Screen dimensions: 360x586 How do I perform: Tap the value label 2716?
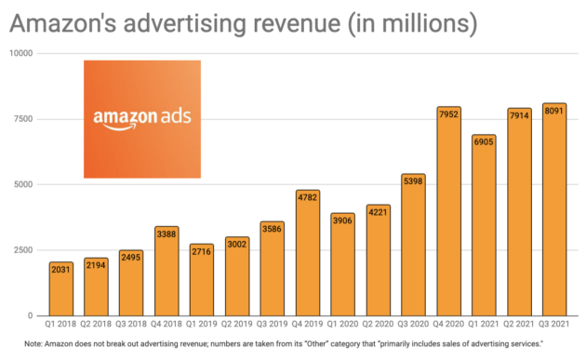203,250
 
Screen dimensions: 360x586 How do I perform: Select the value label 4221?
379,211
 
